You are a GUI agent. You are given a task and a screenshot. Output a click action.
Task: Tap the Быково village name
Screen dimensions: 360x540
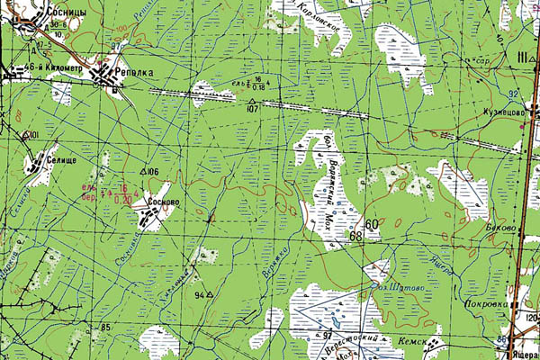[501, 228]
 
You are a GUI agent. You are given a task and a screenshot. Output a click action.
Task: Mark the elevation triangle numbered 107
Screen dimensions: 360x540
[251, 109]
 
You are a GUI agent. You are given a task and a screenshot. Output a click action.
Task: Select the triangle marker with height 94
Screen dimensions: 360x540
[209, 293]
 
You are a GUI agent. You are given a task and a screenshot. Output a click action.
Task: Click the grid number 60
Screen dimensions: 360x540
[372, 223]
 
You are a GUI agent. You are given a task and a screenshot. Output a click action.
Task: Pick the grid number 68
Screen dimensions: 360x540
[356, 236]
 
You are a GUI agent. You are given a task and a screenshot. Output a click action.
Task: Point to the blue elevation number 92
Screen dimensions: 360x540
[513, 93]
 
